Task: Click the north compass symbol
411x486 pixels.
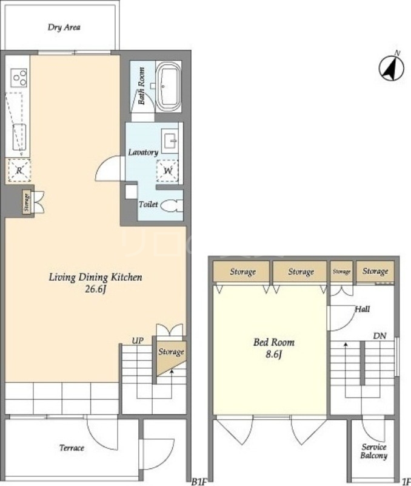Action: [x=392, y=67]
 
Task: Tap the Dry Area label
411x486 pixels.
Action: [x=64, y=27]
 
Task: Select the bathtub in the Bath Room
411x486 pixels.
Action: [x=169, y=86]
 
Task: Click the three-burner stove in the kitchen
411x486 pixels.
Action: [x=19, y=78]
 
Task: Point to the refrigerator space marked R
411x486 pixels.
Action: [x=19, y=170]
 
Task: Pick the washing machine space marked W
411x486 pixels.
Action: [x=167, y=171]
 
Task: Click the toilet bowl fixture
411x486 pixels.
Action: [x=172, y=205]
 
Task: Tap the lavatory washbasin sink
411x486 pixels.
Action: [x=170, y=141]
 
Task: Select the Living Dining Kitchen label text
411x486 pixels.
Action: [x=95, y=277]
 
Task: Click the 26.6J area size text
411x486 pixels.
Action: [x=96, y=290]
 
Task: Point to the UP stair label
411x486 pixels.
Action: [x=138, y=341]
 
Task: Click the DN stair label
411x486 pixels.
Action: [x=379, y=336]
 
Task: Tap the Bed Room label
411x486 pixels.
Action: [x=273, y=342]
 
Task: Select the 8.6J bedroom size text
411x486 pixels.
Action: [x=273, y=354]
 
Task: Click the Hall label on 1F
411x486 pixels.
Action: [x=362, y=309]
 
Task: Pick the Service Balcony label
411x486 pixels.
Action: [x=374, y=451]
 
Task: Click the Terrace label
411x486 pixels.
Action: [x=72, y=448]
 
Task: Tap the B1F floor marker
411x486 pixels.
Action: [x=199, y=482]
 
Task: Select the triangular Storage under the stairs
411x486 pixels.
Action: [x=171, y=357]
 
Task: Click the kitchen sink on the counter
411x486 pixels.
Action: [x=19, y=137]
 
